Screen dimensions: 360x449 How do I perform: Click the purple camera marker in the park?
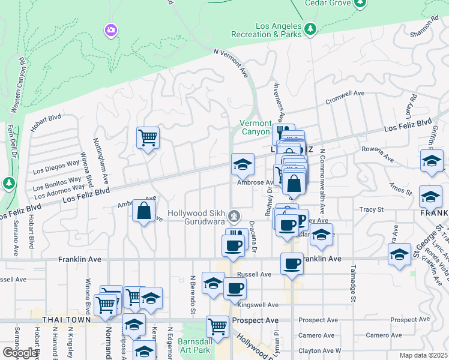point(110,29)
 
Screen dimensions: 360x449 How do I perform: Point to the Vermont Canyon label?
point(256,127)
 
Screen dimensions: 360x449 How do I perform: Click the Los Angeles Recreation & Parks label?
point(280,30)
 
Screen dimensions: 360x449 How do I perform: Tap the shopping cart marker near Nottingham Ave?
point(147,138)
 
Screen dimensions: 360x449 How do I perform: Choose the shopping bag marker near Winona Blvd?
point(143,211)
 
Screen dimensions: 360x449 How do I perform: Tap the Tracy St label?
point(371,209)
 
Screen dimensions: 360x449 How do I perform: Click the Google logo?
point(20,353)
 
